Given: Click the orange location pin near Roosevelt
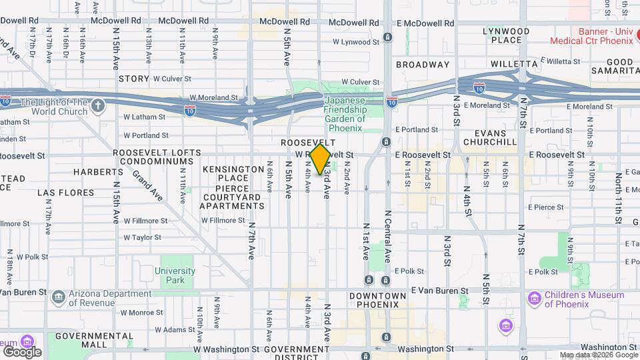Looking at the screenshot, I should pos(320,159).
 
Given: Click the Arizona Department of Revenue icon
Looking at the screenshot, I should pos(59,295).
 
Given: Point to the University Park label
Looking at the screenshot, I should pos(175,276).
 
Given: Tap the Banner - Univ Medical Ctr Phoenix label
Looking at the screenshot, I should pos(591,35).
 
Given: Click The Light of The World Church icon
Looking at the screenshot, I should pos(98,106).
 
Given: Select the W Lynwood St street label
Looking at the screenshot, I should pos(355,42).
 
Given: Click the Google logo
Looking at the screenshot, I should pos(22,351).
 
